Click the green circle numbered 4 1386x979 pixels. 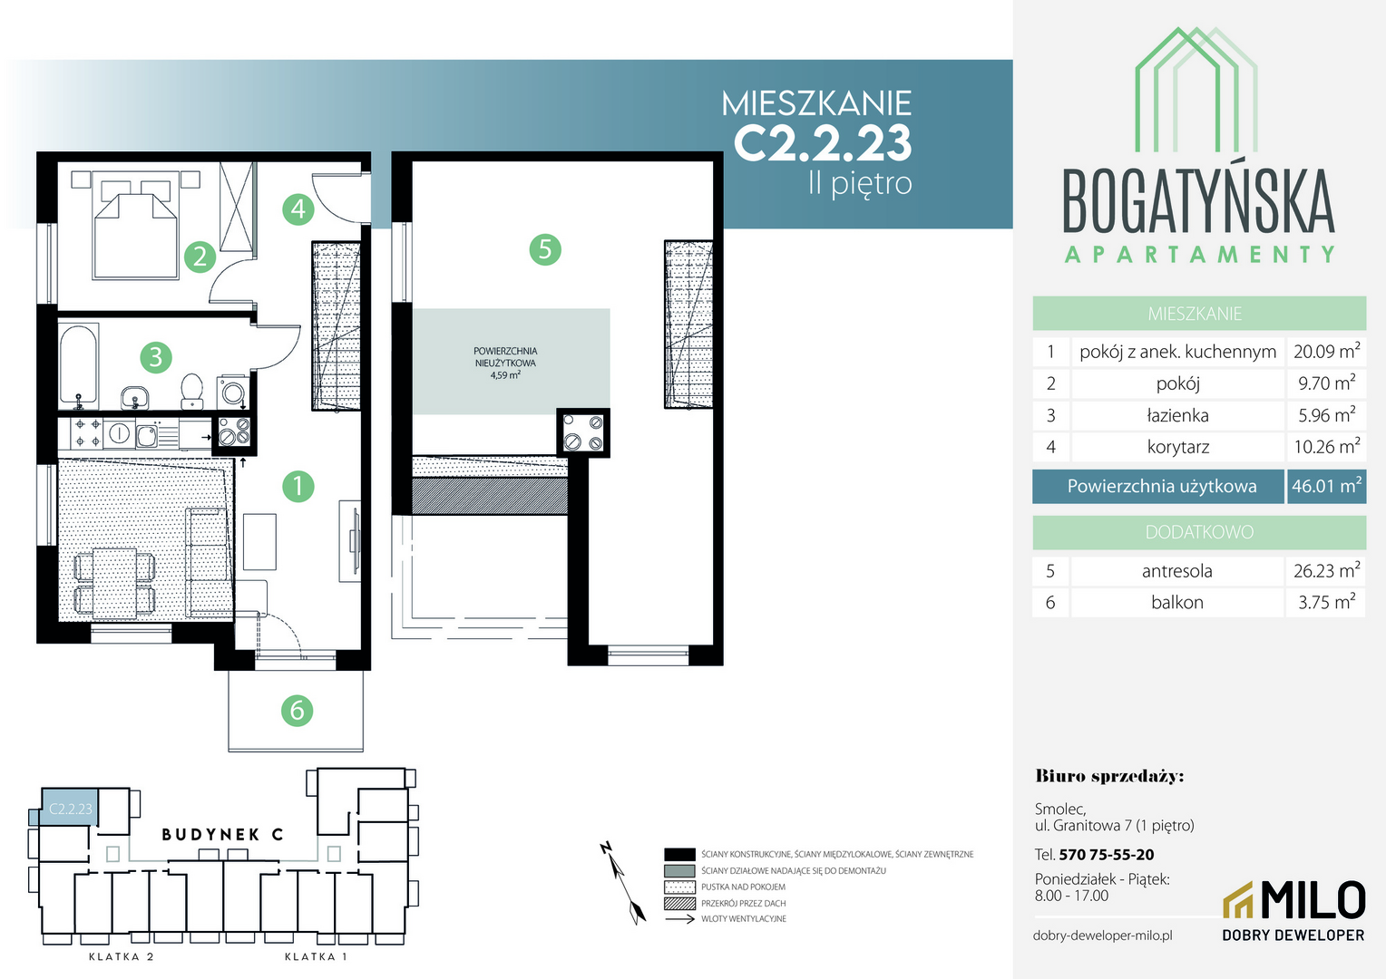coord(298,209)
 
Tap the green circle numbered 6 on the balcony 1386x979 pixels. coord(297,710)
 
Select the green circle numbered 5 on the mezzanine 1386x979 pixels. coord(545,249)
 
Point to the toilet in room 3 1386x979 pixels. coord(192,390)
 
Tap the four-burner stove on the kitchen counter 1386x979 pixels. coord(87,433)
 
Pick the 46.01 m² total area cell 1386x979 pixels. coord(1326,486)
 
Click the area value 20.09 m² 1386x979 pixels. coord(1327,352)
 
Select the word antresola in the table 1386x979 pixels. coord(1176,571)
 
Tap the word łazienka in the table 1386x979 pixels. coord(1177,415)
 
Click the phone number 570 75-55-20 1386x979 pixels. coord(1107,855)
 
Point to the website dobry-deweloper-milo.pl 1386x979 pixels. coord(1103,935)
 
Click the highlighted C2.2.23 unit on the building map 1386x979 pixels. coord(70,807)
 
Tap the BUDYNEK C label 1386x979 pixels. coord(223,835)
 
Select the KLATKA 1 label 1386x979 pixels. coord(316,956)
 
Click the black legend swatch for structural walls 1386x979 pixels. coord(679,855)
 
